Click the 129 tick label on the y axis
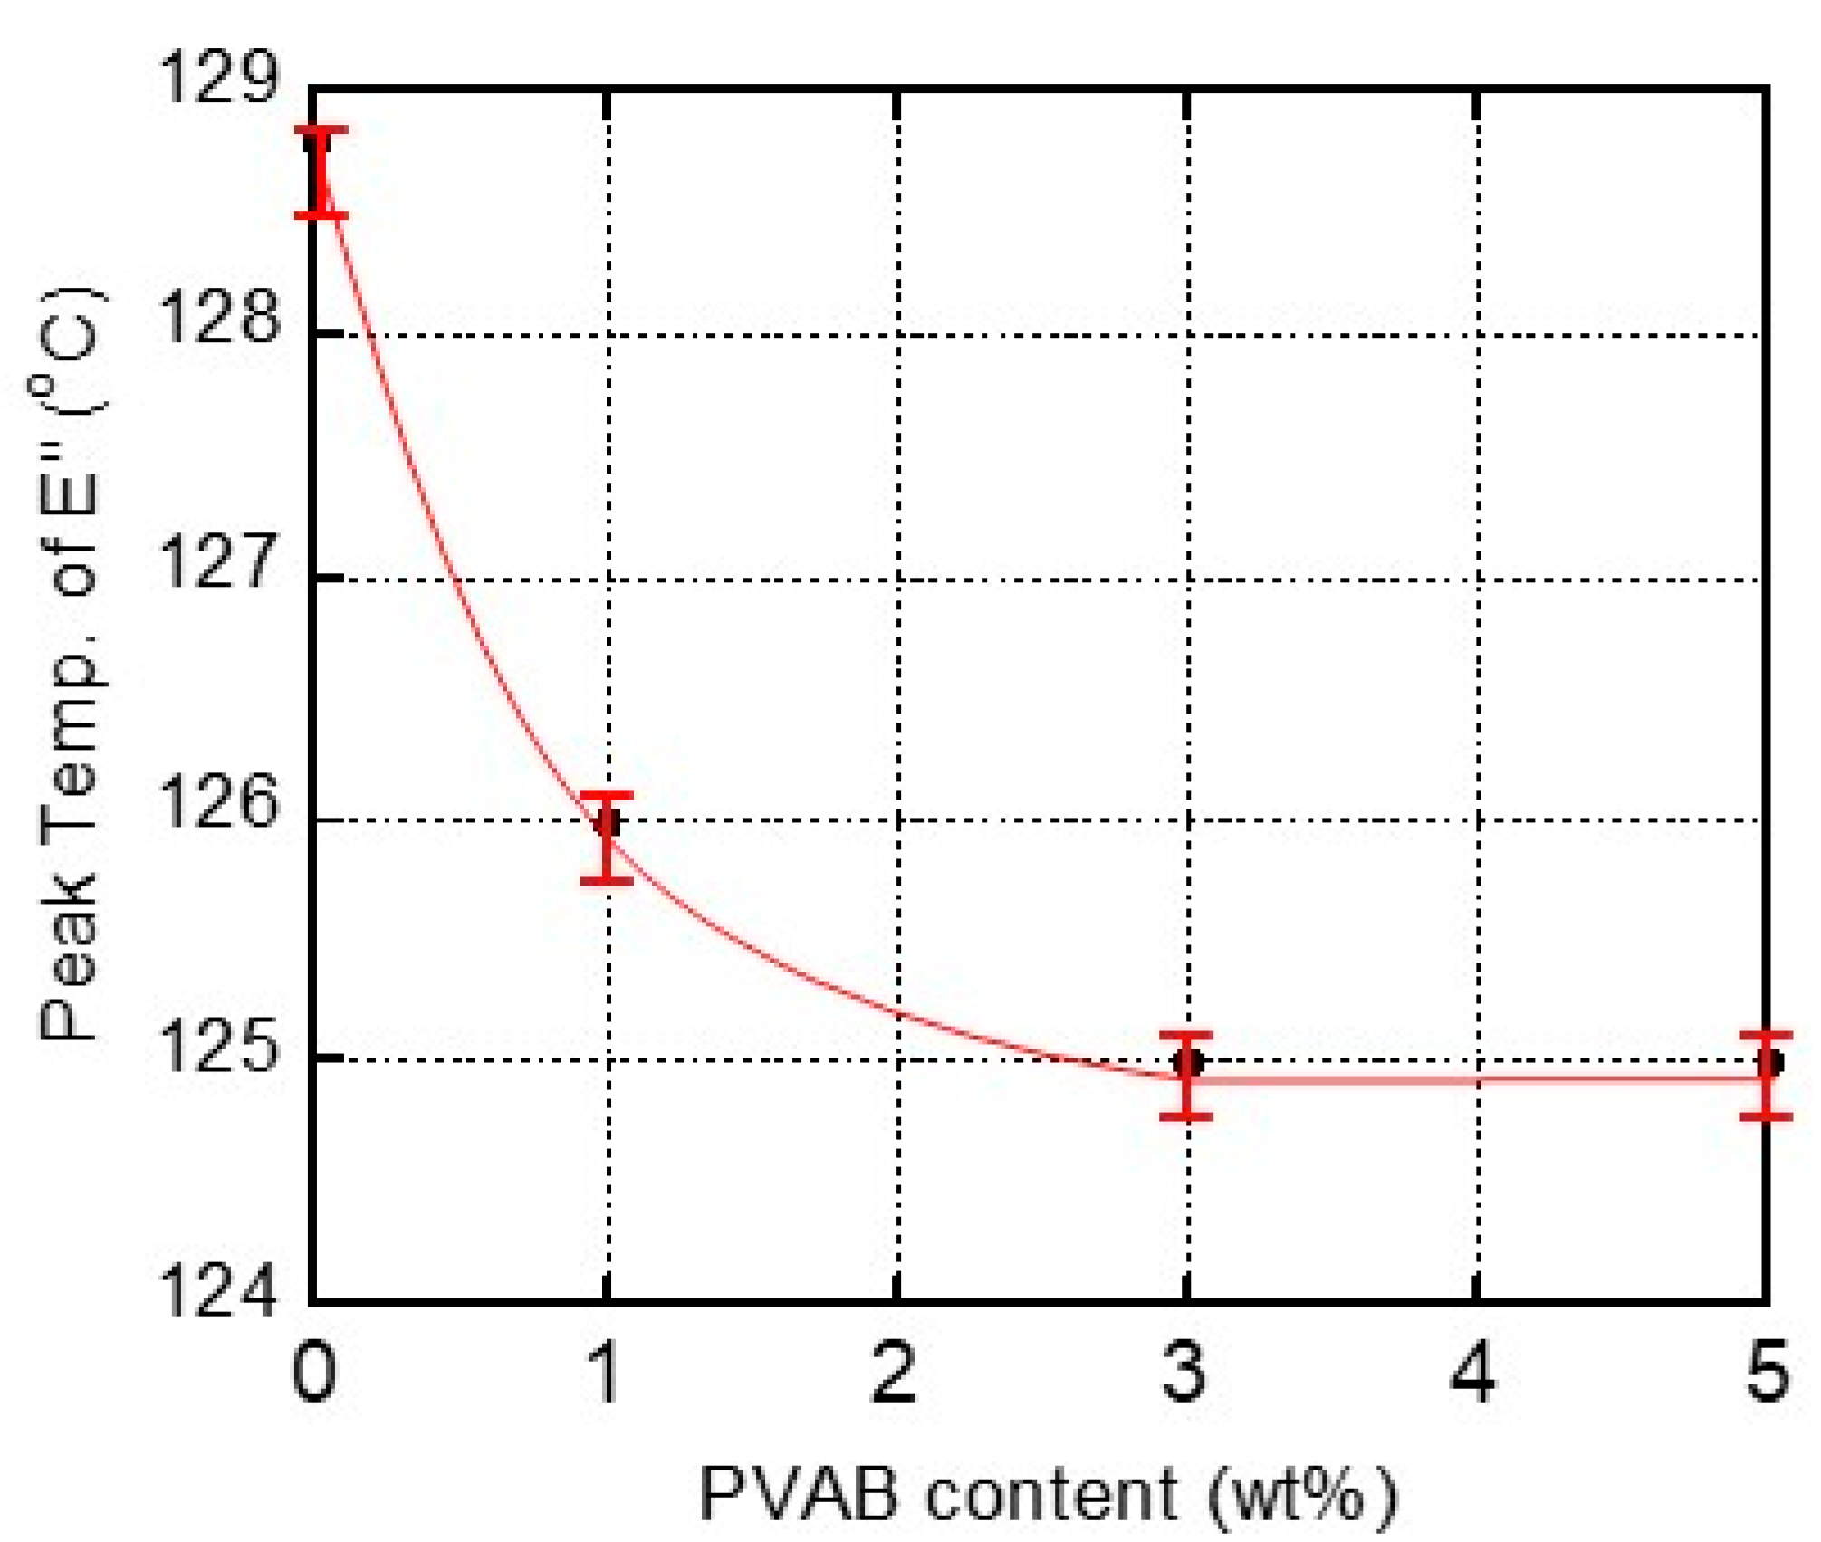coord(217,79)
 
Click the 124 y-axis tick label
coord(217,1292)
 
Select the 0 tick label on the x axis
coord(314,1373)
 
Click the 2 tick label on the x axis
coord(895,1373)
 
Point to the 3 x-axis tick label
coord(1184,1373)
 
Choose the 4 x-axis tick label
coord(1473,1373)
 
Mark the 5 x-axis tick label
coord(1767,1373)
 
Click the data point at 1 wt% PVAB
coord(608,822)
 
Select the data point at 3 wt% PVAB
coord(1188,1061)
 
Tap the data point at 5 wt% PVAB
coord(1768,1061)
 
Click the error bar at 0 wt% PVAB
coord(321,172)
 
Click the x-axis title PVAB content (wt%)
coord(1049,1494)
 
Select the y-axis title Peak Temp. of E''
coord(71,666)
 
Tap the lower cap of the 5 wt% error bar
coord(1766,1116)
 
